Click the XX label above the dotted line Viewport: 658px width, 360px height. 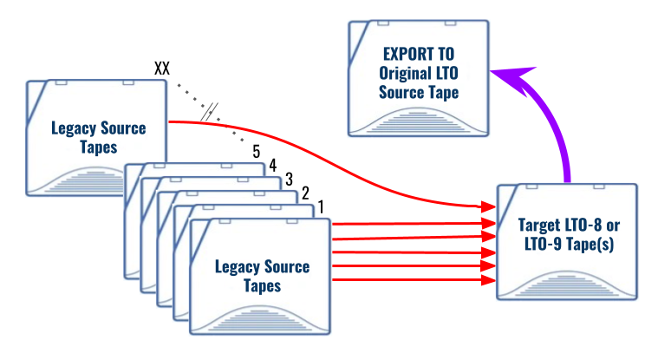pyautogui.click(x=161, y=69)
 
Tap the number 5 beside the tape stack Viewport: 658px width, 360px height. pyautogui.click(x=257, y=150)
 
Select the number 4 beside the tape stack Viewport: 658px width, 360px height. pyautogui.click(x=272, y=164)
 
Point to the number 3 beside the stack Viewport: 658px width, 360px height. pyautogui.click(x=289, y=179)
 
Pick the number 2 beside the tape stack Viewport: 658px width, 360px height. pyautogui.click(x=305, y=193)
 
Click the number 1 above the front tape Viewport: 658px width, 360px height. pyautogui.click(x=321, y=207)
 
